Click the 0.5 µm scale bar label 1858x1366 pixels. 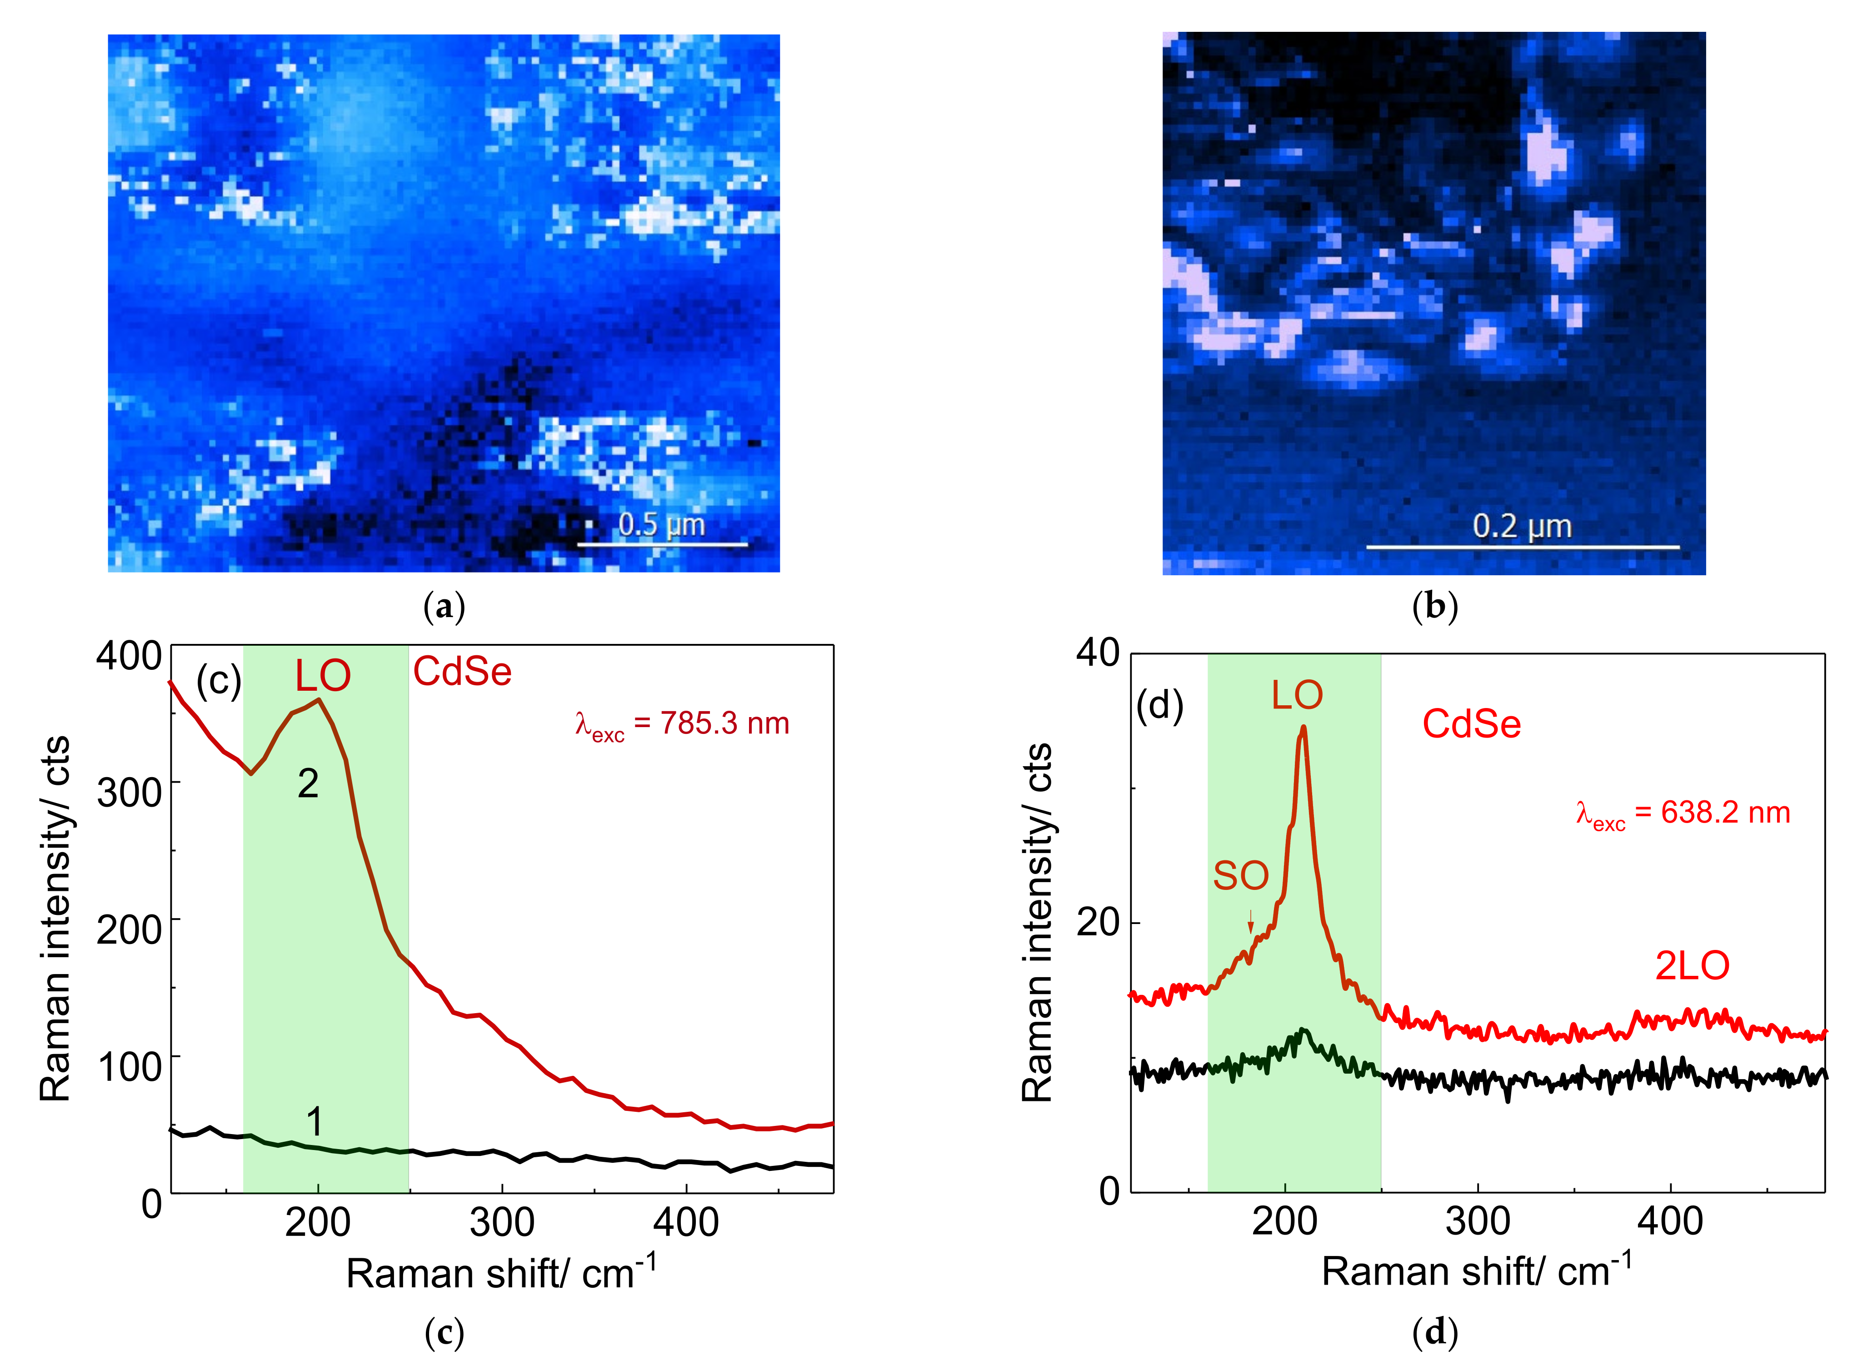pos(661,524)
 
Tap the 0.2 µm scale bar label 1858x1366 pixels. pos(1522,526)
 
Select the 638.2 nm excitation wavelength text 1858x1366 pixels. pos(1683,814)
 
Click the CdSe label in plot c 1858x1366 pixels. pos(462,672)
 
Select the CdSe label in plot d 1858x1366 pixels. pos(1471,724)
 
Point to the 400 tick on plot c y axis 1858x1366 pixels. pos(129,656)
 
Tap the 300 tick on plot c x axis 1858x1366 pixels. pos(502,1223)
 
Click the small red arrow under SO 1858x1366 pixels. pos(1250,921)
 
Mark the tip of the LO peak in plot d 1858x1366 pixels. pos(1304,728)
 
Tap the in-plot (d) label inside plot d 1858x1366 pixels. pos(1159,705)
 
